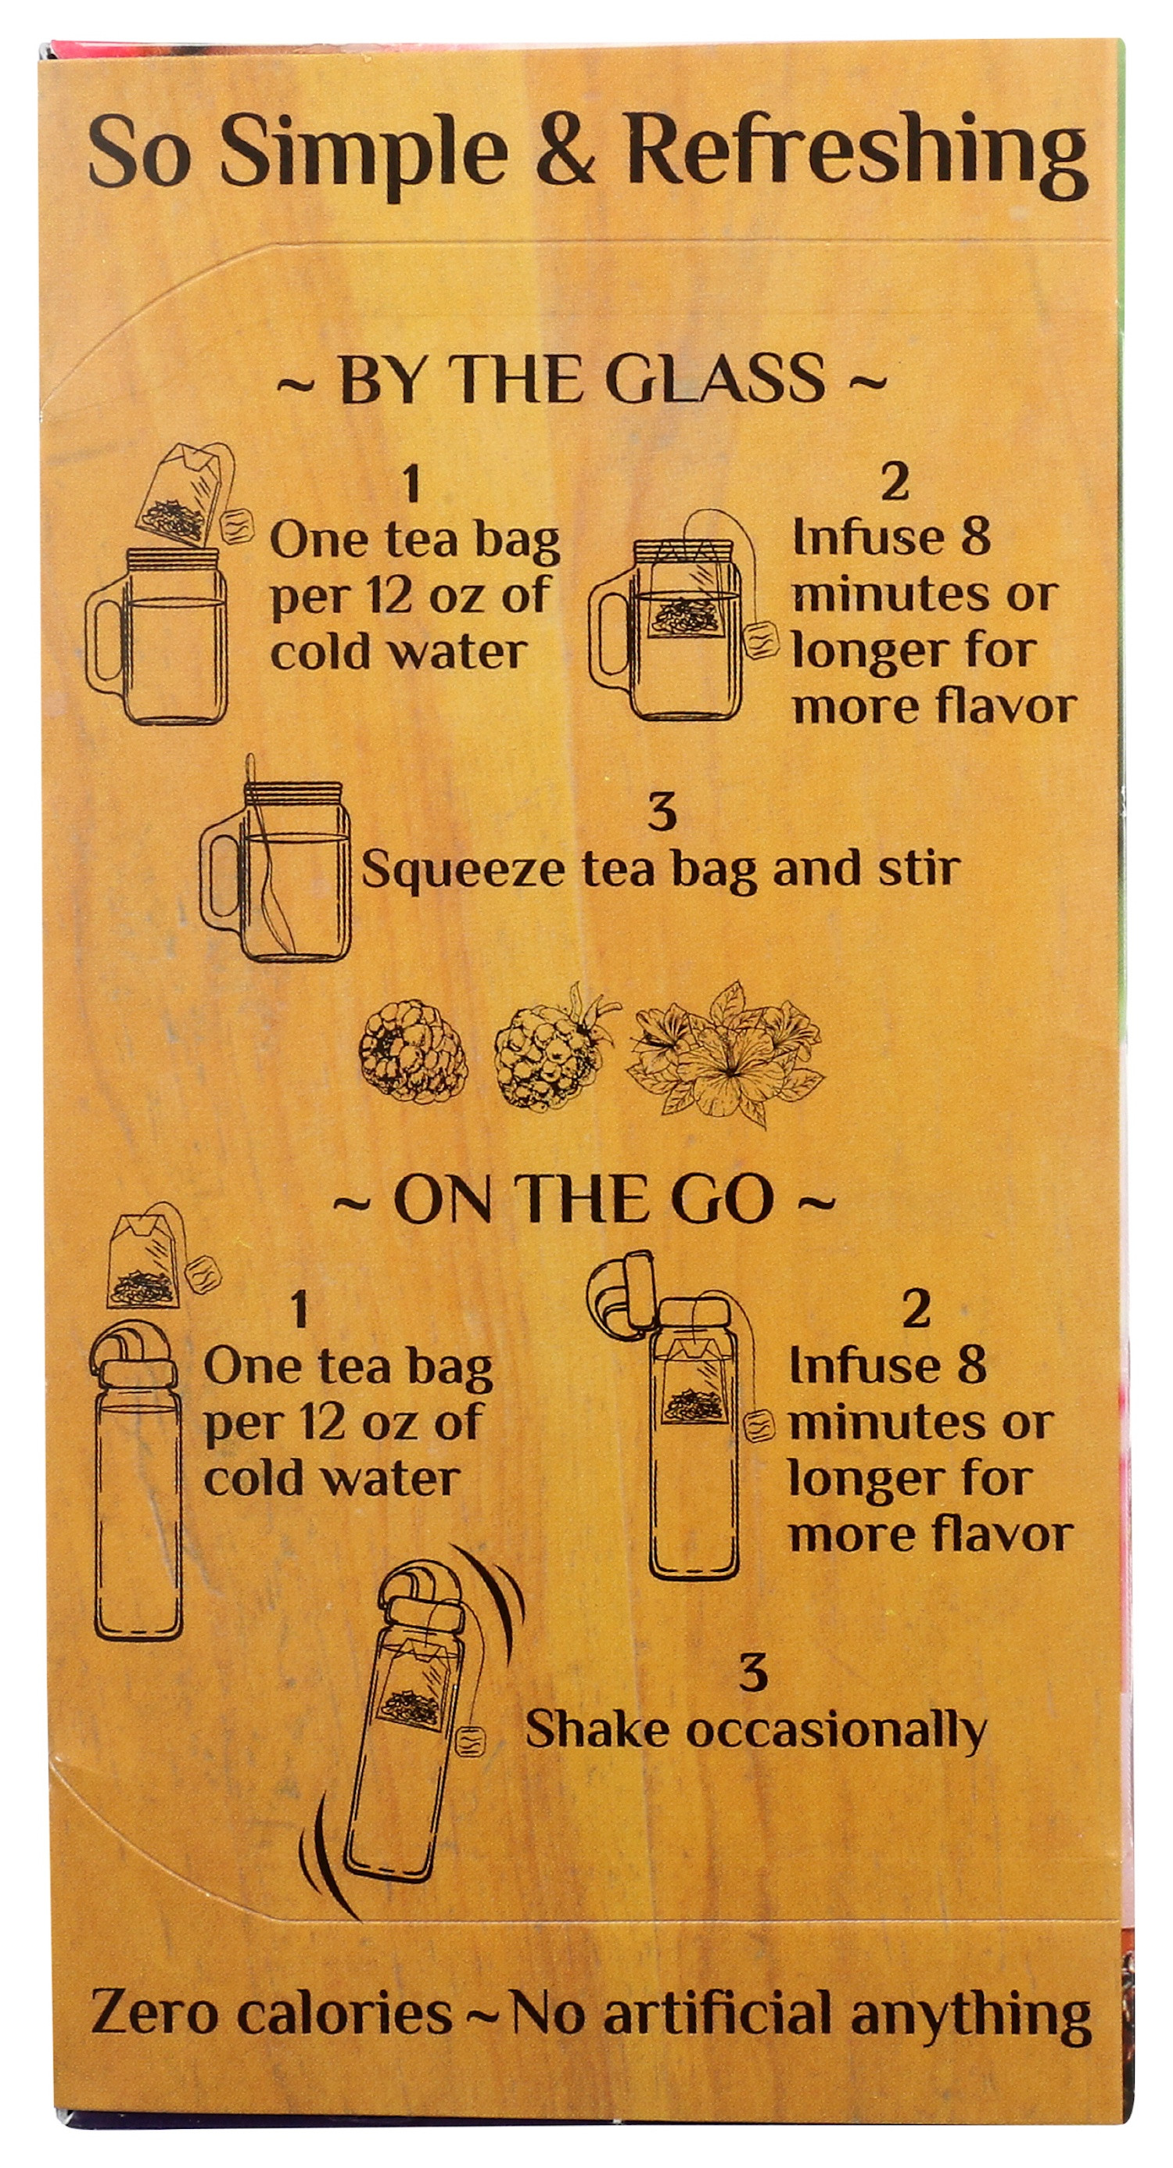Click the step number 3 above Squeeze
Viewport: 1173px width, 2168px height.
(x=663, y=812)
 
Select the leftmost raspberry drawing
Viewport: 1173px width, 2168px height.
(x=404, y=1048)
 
